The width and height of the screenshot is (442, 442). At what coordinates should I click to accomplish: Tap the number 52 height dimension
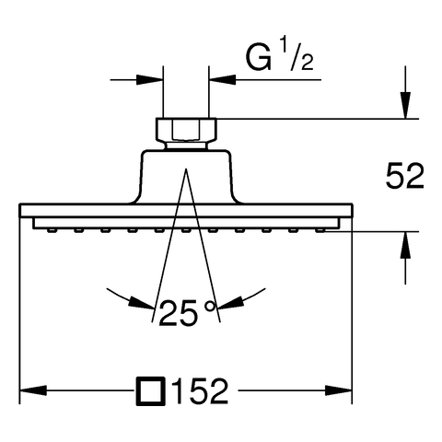pyautogui.click(x=405, y=177)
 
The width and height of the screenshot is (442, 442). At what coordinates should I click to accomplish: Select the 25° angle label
pyautogui.click(x=187, y=313)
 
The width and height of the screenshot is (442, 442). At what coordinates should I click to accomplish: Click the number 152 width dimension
pyautogui.click(x=201, y=391)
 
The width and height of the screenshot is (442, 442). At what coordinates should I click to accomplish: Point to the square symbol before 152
pyautogui.click(x=151, y=391)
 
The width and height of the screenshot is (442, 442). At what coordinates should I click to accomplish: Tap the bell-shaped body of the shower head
pyautogui.click(x=186, y=177)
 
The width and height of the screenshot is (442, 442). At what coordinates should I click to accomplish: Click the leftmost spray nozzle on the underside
pyautogui.click(x=52, y=230)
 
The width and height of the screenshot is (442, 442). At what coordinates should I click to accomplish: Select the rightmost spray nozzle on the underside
pyautogui.click(x=320, y=230)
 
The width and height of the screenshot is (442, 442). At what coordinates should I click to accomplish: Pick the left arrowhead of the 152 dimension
pyautogui.click(x=33, y=391)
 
